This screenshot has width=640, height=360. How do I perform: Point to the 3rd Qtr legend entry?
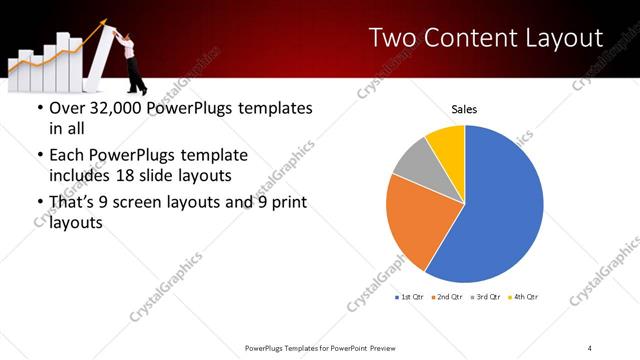coord(487,297)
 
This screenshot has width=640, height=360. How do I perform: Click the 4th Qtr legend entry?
coord(524,297)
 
